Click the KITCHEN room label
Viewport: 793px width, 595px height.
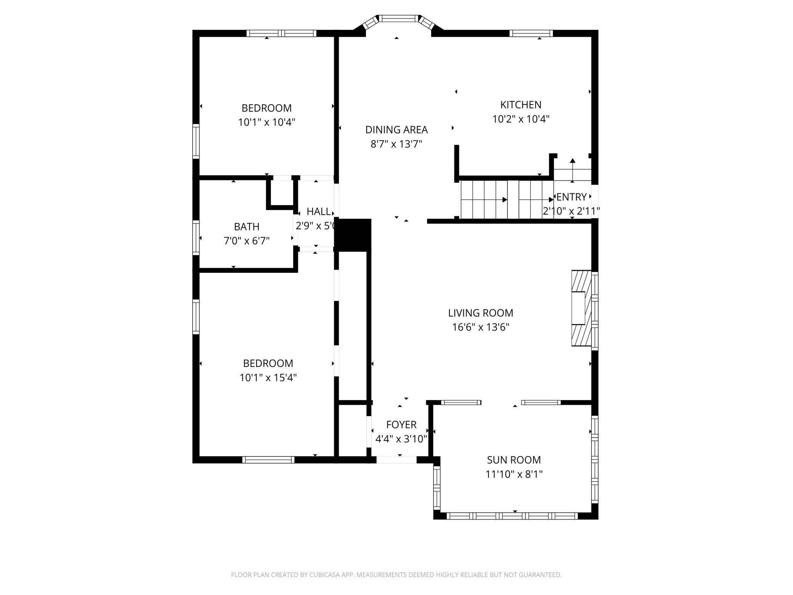click(x=520, y=105)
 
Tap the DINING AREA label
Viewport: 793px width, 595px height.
click(x=396, y=130)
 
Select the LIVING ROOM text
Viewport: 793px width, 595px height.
click(x=480, y=313)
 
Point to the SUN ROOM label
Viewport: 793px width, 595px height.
click(x=514, y=460)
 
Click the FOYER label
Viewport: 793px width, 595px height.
click(x=401, y=425)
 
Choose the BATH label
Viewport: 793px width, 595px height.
click(x=247, y=227)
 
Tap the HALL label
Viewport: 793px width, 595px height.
click(x=318, y=211)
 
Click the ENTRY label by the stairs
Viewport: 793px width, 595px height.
click(x=571, y=197)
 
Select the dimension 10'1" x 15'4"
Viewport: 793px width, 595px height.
click(x=268, y=378)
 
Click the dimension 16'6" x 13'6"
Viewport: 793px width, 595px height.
click(x=480, y=327)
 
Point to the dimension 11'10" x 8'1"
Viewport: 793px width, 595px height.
click(x=514, y=474)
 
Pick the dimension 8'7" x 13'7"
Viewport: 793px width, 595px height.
click(x=396, y=144)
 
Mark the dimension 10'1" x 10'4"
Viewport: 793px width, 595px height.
click(x=267, y=122)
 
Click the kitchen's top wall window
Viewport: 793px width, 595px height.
click(x=531, y=33)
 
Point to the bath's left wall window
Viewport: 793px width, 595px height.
click(x=196, y=238)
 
